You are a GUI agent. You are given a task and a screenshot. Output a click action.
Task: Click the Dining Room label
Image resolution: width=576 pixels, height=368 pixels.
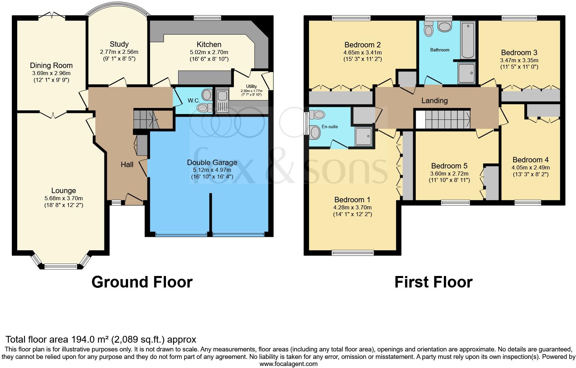click(x=51, y=66)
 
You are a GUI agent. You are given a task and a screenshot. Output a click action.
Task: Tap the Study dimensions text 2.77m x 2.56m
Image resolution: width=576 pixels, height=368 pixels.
click(x=119, y=52)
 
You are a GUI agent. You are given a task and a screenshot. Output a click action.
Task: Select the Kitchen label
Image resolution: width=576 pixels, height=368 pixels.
click(x=209, y=45)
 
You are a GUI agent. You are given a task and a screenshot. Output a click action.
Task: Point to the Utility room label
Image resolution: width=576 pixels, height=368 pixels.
click(x=251, y=87)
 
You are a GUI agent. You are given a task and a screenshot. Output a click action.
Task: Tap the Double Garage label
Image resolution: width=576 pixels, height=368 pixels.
click(x=212, y=163)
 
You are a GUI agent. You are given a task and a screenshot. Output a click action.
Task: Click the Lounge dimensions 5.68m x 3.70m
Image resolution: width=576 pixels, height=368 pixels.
click(x=64, y=198)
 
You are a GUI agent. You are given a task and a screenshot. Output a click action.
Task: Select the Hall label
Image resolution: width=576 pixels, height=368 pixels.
click(x=127, y=165)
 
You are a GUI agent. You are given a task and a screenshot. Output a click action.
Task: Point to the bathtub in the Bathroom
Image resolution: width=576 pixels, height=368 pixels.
click(x=468, y=40)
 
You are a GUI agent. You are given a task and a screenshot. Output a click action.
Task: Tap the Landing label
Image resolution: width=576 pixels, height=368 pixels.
click(x=434, y=100)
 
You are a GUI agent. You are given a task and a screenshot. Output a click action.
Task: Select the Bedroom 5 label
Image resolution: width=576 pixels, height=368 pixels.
click(x=449, y=166)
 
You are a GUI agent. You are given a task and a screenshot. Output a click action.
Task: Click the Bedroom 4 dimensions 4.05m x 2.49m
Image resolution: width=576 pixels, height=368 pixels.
click(x=530, y=167)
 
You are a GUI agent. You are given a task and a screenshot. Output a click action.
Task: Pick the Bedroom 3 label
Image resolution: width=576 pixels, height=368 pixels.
click(x=519, y=53)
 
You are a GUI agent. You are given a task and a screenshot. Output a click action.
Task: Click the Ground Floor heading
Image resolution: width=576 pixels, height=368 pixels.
click(x=142, y=282)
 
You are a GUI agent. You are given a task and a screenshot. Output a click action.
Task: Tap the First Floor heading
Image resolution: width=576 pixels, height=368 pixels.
click(x=433, y=282)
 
